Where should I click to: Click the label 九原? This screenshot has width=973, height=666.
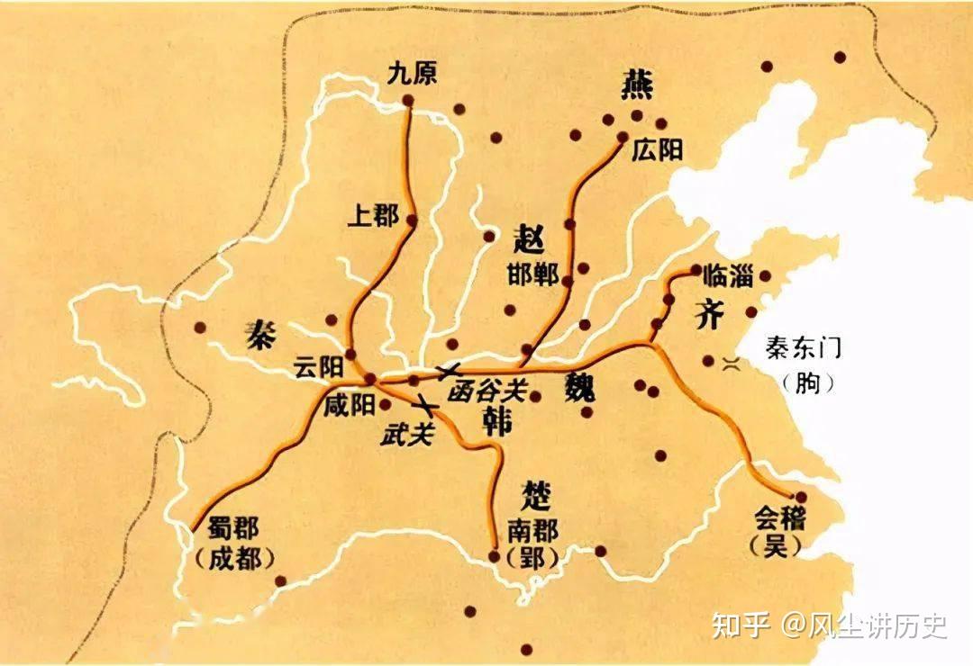(x=412, y=75)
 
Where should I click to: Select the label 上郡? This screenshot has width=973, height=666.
(x=374, y=215)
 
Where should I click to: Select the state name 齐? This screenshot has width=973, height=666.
(x=710, y=315)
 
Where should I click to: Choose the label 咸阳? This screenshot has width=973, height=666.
(x=350, y=405)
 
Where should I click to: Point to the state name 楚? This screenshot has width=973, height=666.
(x=537, y=493)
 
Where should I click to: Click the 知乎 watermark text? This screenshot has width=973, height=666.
(x=741, y=625)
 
